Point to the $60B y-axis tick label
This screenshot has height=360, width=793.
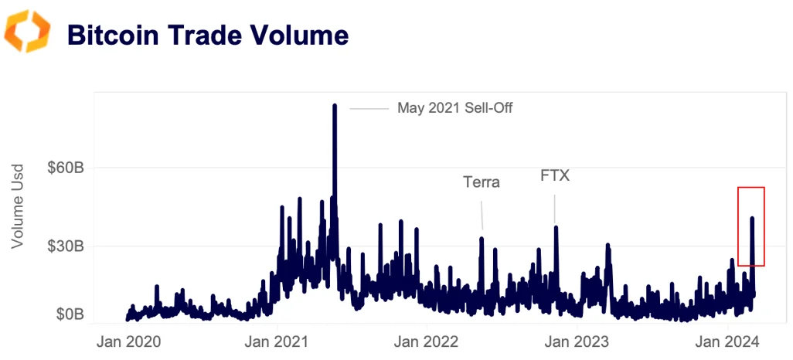pos(65,168)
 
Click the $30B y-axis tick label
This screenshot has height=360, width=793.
pos(65,246)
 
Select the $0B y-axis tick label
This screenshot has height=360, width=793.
pos(69,314)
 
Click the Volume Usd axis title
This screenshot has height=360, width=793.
pos(19,205)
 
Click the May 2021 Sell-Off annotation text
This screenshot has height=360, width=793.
pos(454,108)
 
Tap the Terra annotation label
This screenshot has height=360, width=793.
pos(481,182)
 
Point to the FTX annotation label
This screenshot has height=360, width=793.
pos(554,175)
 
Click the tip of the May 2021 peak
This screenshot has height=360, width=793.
pos(335,105)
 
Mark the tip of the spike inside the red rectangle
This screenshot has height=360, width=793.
pos(752,218)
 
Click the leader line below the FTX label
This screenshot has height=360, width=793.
pos(555,207)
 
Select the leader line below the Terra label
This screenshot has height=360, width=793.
pos(482,215)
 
